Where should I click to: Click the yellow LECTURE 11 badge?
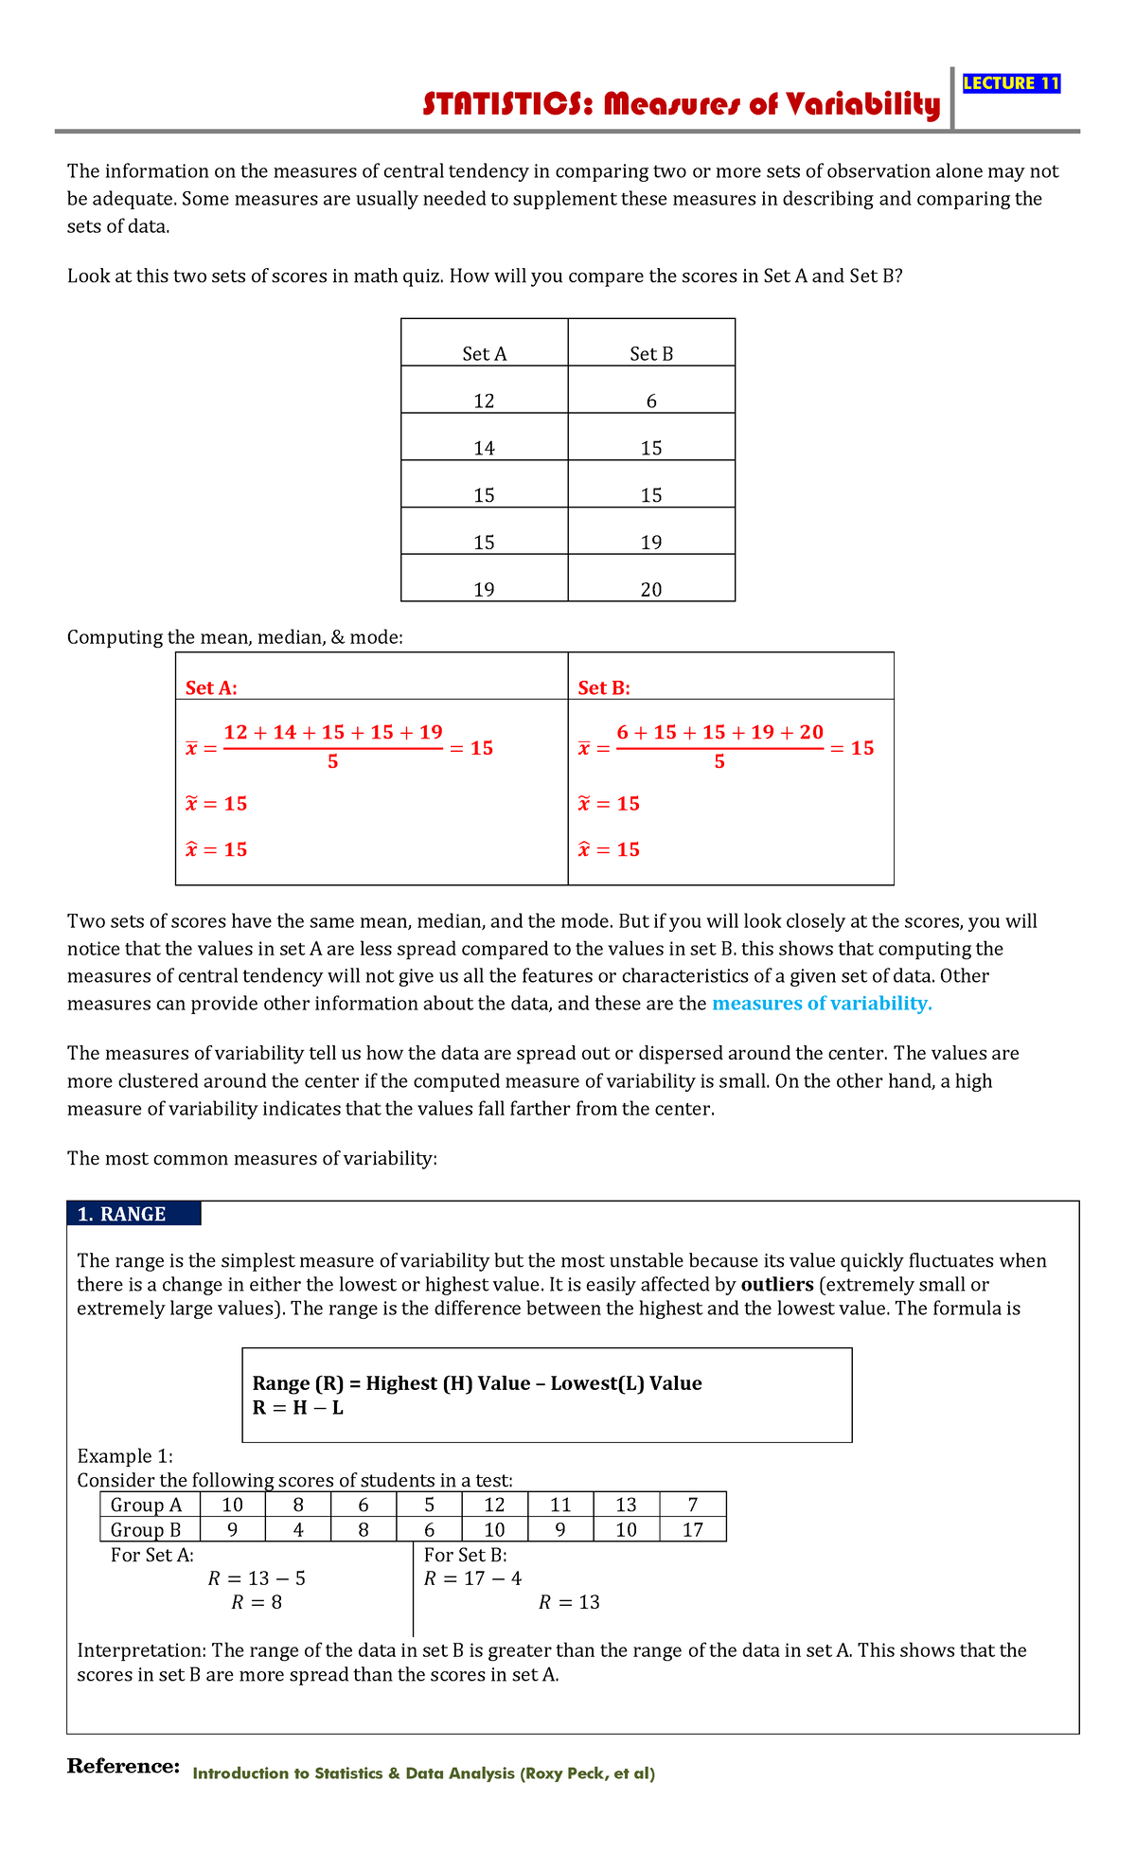(1011, 83)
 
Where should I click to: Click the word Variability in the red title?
(861, 104)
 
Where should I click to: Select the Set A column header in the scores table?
(485, 353)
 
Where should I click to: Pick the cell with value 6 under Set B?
(651, 401)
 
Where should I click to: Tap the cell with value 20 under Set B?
(651, 589)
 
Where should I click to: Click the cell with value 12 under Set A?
(485, 401)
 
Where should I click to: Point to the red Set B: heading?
(604, 688)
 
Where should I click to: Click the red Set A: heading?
(211, 688)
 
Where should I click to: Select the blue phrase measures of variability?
(822, 1004)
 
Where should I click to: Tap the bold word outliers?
(777, 1285)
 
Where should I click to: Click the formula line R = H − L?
(298, 1408)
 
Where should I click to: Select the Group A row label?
(147, 1505)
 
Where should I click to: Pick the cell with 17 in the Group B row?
(693, 1529)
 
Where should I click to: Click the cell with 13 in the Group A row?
(626, 1505)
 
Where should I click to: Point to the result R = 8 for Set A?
(257, 1602)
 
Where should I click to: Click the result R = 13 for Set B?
(569, 1602)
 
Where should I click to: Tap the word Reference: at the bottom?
(123, 1767)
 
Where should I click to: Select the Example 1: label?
(125, 1455)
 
